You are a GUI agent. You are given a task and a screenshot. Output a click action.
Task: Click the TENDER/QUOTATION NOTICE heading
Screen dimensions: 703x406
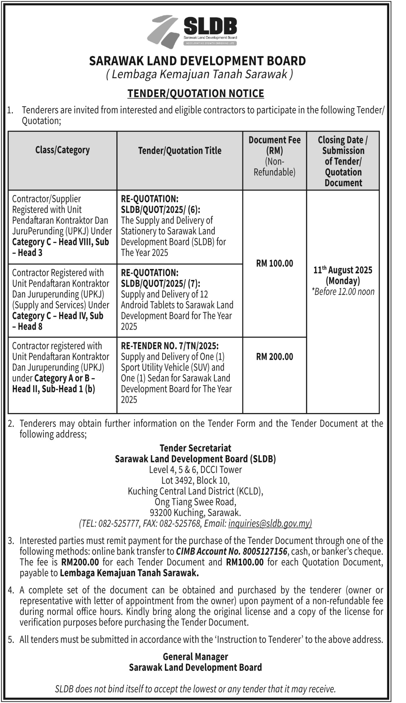tap(196, 94)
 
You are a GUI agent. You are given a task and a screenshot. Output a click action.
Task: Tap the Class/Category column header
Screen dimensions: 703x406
tap(62, 150)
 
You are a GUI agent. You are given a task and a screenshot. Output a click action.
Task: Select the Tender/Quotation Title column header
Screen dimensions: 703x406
tap(180, 151)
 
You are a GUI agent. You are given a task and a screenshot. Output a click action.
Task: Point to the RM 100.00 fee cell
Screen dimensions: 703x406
tap(274, 263)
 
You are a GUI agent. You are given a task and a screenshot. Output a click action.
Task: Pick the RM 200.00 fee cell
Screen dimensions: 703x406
tap(274, 357)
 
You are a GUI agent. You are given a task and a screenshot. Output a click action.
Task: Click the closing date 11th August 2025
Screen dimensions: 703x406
tap(343, 270)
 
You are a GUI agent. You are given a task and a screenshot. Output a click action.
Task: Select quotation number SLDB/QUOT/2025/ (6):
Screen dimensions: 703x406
tap(160, 210)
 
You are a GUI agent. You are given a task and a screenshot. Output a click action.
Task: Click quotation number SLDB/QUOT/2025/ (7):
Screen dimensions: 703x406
tap(160, 283)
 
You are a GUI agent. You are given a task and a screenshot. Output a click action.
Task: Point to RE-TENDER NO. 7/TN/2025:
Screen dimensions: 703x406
tap(169, 346)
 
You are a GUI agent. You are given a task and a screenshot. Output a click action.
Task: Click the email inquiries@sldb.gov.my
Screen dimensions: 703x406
tap(270, 523)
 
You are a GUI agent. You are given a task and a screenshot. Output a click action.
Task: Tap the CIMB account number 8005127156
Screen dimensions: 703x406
tap(265, 551)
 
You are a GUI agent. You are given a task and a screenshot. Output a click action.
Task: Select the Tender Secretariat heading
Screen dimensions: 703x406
tap(196, 448)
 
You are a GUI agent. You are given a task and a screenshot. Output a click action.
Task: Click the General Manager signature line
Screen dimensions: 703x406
tap(196, 656)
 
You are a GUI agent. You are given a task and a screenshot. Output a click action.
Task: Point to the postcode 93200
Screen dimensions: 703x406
tap(161, 513)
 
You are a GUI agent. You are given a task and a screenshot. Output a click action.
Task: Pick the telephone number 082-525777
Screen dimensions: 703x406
tap(118, 524)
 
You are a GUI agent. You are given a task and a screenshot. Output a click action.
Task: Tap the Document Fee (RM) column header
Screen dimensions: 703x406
tap(274, 145)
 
